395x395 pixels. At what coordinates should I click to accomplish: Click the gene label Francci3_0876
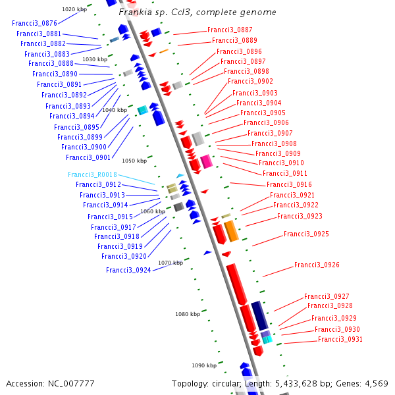[34, 23]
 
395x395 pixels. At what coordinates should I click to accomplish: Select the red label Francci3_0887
[230, 30]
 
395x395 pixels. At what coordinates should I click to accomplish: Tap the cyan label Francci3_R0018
[92, 174]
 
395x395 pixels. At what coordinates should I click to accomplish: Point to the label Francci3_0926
[317, 265]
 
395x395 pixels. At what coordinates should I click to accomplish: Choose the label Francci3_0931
[340, 339]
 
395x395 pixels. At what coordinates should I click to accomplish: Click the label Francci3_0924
[128, 270]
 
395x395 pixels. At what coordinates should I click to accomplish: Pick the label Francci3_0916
[289, 184]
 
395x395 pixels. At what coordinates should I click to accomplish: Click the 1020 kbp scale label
[74, 9]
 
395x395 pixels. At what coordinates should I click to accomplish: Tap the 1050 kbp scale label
[134, 161]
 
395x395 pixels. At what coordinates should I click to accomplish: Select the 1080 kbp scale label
[187, 314]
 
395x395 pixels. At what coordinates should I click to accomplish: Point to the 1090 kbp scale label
[203, 365]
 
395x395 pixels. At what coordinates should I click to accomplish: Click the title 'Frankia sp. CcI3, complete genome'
[197, 13]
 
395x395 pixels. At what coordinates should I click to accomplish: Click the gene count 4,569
[376, 384]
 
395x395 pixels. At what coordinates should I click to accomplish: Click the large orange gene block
[231, 231]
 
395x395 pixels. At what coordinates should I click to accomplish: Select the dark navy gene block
[260, 315]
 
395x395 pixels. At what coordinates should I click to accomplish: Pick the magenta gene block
[206, 161]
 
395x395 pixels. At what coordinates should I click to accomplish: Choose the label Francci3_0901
[88, 157]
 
